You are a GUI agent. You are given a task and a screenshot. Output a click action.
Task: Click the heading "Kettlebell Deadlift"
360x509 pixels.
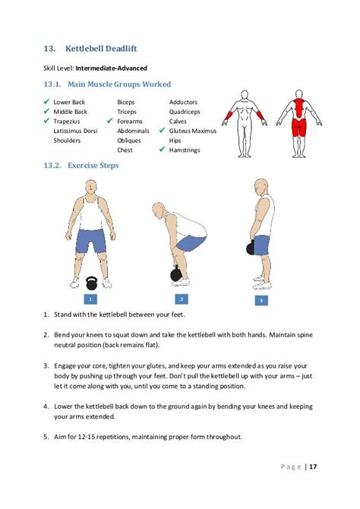pos(101,49)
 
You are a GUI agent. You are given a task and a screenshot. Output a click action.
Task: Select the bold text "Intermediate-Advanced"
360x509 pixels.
pos(112,68)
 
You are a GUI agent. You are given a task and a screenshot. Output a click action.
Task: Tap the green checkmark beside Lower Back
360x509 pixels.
pos(46,102)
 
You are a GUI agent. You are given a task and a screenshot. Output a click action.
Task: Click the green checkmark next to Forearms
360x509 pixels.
pos(110,121)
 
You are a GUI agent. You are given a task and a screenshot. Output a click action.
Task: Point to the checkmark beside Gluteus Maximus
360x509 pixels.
pos(162,131)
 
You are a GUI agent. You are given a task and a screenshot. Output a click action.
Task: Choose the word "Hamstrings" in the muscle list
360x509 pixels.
pos(185,150)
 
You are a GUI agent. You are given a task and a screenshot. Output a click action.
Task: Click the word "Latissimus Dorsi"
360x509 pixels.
pos(75,131)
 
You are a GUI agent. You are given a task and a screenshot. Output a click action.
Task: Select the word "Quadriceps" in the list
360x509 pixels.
pos(185,112)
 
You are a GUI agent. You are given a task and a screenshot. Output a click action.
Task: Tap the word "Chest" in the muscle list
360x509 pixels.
pos(125,150)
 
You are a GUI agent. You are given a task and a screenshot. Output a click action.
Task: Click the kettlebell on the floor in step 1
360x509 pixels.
pos(92,283)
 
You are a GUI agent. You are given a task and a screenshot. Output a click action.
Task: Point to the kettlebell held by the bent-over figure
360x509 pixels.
pos(176,273)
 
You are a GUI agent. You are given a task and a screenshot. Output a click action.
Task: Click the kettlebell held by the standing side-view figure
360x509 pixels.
pos(251,248)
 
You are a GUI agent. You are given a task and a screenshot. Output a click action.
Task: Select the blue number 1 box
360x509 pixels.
pos(90,299)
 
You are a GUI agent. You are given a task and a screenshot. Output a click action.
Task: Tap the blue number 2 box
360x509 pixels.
pos(182,299)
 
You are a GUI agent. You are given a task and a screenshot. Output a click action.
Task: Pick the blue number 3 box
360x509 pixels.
pos(261,300)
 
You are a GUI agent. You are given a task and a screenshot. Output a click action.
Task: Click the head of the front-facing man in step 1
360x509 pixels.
pos(91,188)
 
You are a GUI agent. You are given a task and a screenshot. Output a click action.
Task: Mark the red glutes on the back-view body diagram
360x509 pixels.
pos(299,127)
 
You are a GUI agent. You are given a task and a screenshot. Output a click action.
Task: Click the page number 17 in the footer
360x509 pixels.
pos(313,466)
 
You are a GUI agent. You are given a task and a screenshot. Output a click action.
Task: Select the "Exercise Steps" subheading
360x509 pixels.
pos(93,166)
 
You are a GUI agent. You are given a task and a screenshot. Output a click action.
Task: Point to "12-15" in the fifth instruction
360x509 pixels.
pos(86,437)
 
